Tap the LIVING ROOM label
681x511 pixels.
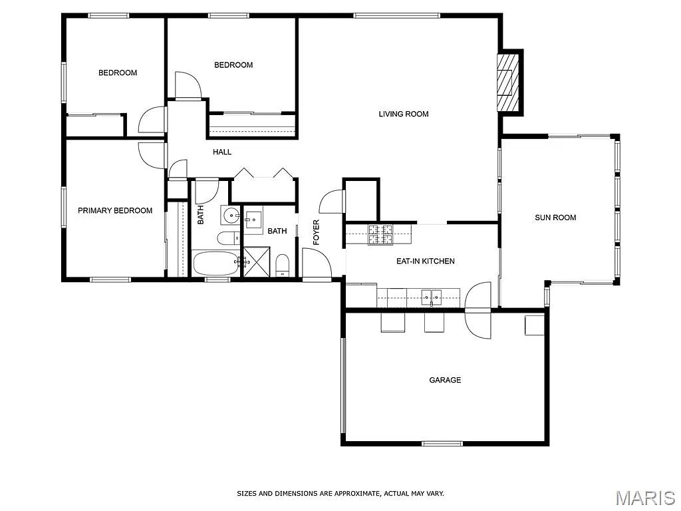tap(403, 114)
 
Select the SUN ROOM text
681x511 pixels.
tap(555, 218)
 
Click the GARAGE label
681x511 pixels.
tap(445, 380)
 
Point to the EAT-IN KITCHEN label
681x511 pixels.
tap(425, 261)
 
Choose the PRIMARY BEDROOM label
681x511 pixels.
tap(115, 210)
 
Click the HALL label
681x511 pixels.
tap(222, 152)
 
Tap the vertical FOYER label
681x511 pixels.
tap(317, 232)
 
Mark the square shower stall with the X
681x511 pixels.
tap(257, 261)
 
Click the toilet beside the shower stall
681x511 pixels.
tap(283, 263)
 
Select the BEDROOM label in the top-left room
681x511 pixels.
tap(118, 73)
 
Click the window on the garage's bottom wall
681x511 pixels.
tap(442, 443)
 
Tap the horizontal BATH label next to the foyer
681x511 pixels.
tap(277, 231)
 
